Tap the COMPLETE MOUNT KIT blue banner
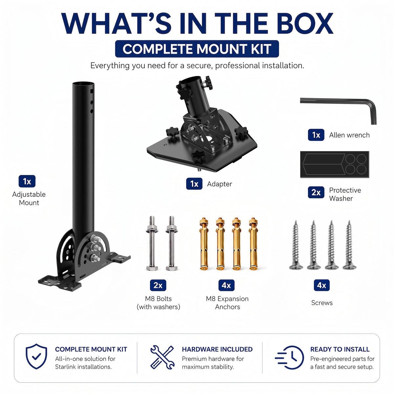click(x=197, y=49)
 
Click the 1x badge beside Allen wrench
click(x=316, y=135)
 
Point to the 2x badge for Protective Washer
click(x=316, y=192)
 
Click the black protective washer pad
click(x=335, y=164)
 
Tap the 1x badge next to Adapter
click(x=194, y=184)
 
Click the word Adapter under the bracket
click(x=219, y=184)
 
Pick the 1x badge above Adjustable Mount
click(x=27, y=181)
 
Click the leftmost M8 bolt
click(x=152, y=243)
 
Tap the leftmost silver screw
click(x=295, y=245)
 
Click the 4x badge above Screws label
click(x=322, y=285)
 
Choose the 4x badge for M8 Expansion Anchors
click(x=226, y=285)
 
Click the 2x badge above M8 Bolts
click(x=158, y=285)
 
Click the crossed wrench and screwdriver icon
click(x=162, y=357)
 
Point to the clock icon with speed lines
click(x=289, y=358)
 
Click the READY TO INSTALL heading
click(x=340, y=349)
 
